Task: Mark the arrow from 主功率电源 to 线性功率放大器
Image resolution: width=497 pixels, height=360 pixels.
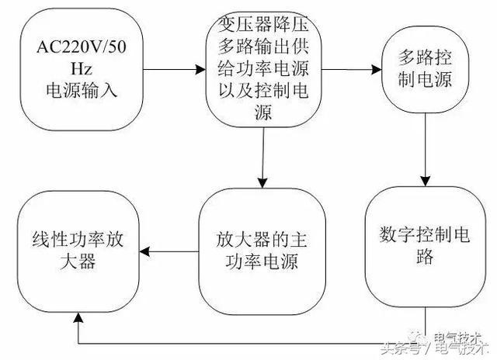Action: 173,251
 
